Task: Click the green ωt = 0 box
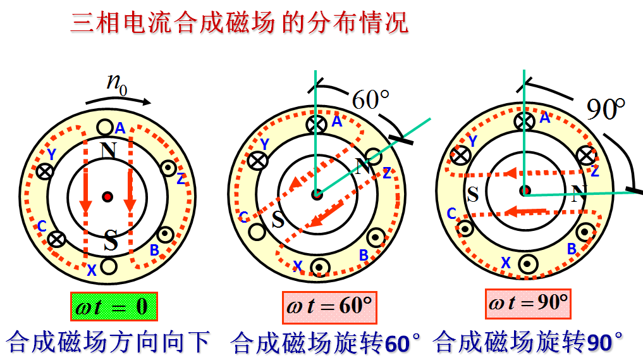(x=113, y=307)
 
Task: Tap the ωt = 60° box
(x=329, y=307)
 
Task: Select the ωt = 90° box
(x=528, y=302)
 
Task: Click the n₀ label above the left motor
(x=116, y=82)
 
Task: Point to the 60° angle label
(x=370, y=100)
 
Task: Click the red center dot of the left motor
(x=107, y=196)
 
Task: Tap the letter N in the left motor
(x=109, y=151)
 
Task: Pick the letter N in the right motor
(x=576, y=194)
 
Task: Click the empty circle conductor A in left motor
(x=105, y=127)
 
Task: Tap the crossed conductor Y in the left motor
(x=44, y=170)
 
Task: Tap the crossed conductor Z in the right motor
(x=588, y=154)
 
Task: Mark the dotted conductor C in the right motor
(x=466, y=228)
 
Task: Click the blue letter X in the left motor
(x=92, y=271)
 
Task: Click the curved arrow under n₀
(x=120, y=99)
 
